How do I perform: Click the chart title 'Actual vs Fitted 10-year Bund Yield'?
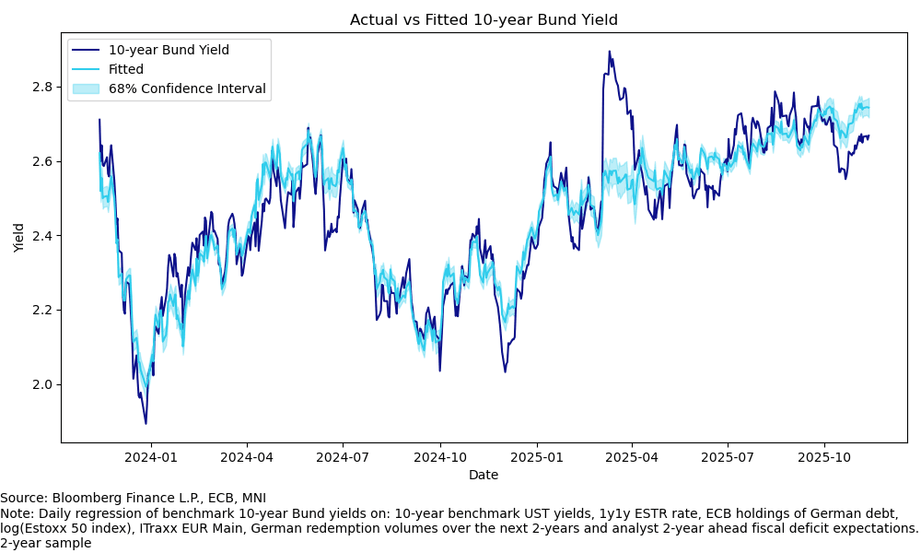[x=484, y=19]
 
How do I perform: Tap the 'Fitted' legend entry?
[x=126, y=69]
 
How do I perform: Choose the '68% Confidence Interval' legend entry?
[x=187, y=88]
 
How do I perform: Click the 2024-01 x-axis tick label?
[x=150, y=457]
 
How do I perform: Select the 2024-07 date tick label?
[x=343, y=457]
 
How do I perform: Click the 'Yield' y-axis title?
[x=19, y=238]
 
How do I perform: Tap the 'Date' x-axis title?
[x=484, y=475]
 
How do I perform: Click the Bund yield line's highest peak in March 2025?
[x=609, y=52]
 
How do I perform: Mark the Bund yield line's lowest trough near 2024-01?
[x=146, y=423]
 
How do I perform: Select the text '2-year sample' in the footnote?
[x=45, y=543]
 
